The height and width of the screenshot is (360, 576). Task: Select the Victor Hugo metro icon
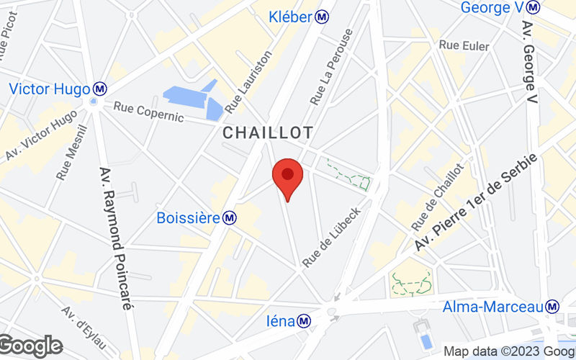[x=100, y=89]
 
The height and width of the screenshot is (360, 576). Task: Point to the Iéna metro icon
[x=305, y=321]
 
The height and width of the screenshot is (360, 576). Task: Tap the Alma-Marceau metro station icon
[x=553, y=306]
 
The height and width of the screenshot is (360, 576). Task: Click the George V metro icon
[x=533, y=7]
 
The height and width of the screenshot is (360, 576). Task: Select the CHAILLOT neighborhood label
[x=268, y=133]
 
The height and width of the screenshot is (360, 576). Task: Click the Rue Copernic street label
[x=148, y=112]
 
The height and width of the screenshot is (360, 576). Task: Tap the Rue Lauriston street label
[x=249, y=81]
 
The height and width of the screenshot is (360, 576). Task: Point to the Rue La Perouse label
[x=331, y=66]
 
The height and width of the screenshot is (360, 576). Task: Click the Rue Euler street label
[x=464, y=46]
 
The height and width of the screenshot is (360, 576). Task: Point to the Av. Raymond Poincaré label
[x=115, y=238]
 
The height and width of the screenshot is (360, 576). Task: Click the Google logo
[x=30, y=346]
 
